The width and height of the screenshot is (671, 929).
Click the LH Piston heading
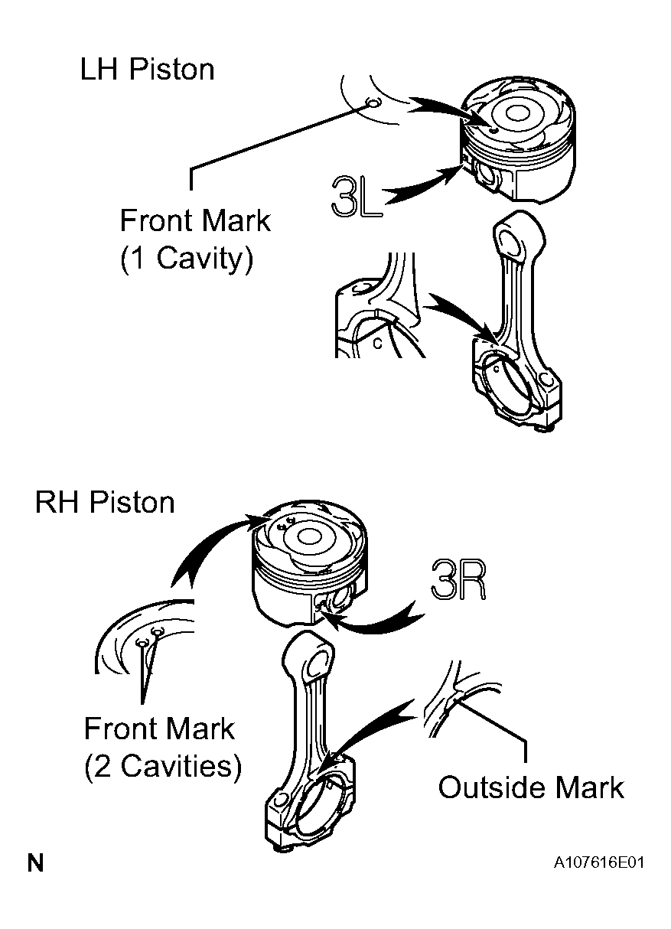coord(147,70)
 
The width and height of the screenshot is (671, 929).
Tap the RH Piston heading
coord(105,503)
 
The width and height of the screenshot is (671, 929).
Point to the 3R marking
coord(458,579)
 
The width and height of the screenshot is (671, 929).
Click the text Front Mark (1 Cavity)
coord(195,240)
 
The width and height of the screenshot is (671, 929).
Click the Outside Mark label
coord(531,787)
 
